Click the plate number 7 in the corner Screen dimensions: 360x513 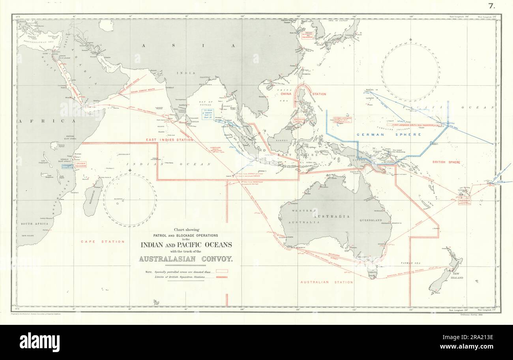point(491,6)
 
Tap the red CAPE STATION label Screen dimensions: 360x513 point(102,242)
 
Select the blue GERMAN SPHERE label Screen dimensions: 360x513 point(389,135)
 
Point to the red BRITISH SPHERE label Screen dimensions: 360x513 point(446,162)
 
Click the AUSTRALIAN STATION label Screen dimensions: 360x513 point(326,282)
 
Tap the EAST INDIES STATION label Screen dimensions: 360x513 point(170,140)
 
